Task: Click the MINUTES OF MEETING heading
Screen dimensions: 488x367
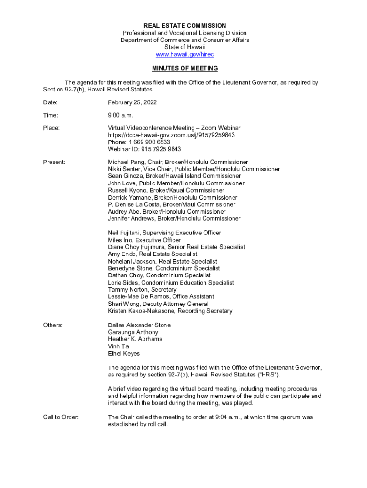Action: pos(184,69)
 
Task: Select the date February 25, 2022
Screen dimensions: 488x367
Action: pos(132,103)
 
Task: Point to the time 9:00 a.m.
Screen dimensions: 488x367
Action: pos(120,115)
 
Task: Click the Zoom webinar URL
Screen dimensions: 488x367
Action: pos(171,135)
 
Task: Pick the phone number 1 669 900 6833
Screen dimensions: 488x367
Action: pos(139,142)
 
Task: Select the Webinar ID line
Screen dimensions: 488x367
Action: pos(144,149)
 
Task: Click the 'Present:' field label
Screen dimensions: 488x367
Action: pos(54,163)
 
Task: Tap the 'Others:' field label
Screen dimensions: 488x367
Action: pos(53,325)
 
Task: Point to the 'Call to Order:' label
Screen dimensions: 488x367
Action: pos(61,417)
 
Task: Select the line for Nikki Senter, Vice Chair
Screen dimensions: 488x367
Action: pos(194,169)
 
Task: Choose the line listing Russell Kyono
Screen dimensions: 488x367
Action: pos(166,190)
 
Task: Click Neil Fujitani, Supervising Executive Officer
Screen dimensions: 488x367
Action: pos(164,233)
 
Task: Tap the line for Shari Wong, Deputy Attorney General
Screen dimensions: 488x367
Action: pos(158,304)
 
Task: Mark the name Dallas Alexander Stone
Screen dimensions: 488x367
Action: pos(139,325)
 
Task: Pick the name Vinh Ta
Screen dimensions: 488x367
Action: pos(118,346)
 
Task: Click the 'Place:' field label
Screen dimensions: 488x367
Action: pos(51,128)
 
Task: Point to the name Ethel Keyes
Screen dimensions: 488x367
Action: pos(124,354)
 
